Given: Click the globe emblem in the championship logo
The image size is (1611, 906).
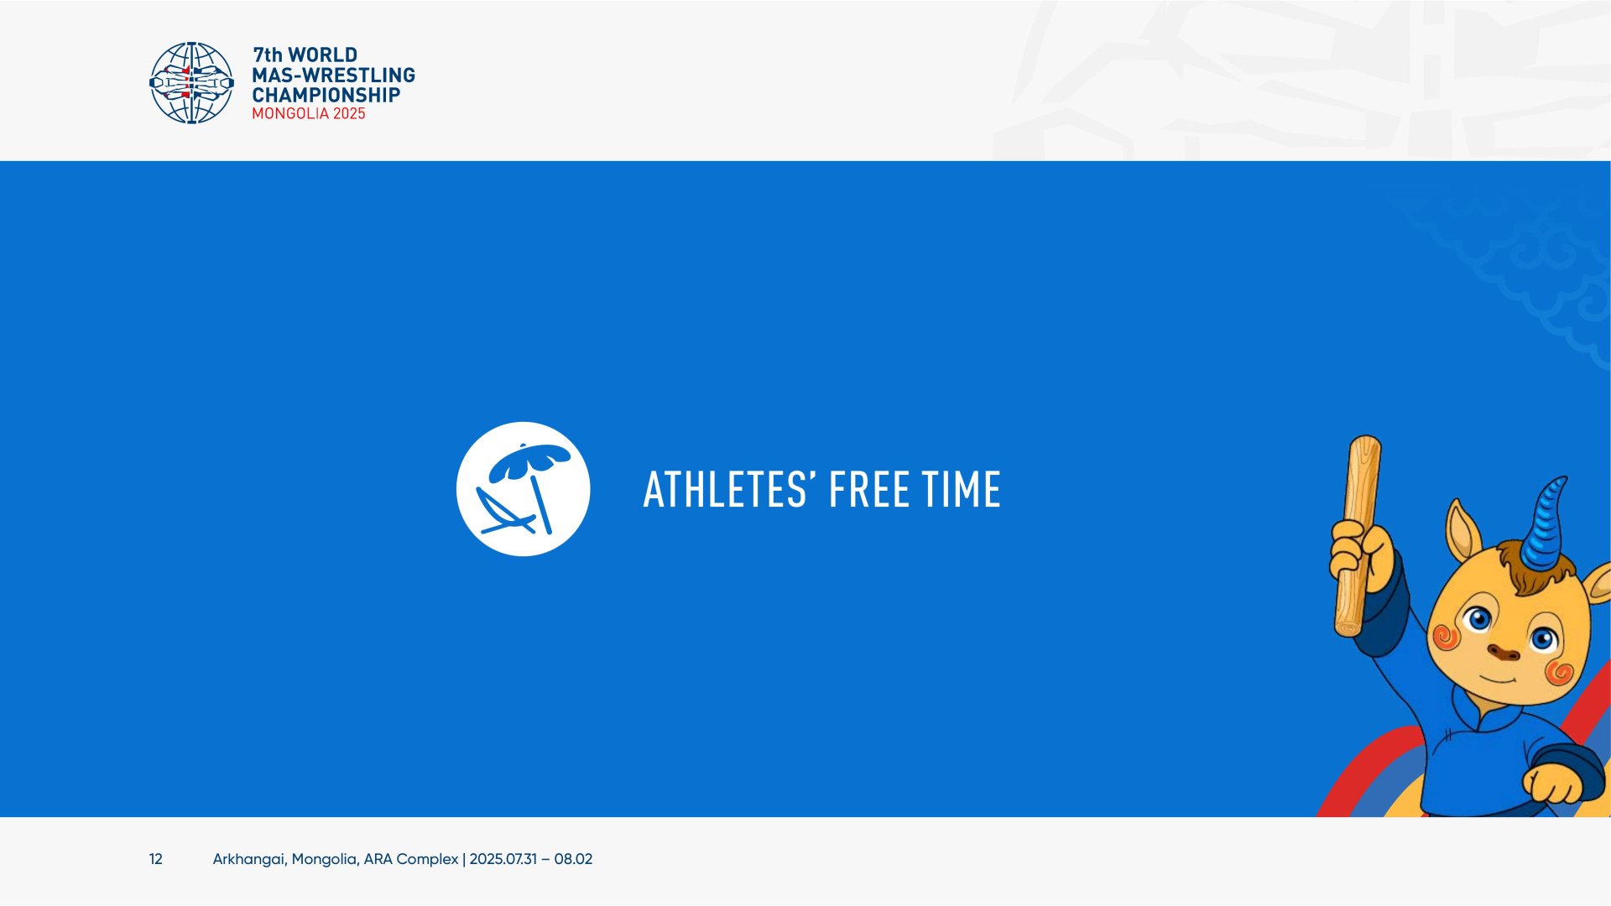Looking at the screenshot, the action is [x=191, y=83].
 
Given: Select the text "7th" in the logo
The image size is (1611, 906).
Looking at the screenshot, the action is [x=268, y=55].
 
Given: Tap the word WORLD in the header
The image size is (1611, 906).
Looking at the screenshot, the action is [x=323, y=55].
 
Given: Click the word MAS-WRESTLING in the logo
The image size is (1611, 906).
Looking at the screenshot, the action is [x=334, y=75].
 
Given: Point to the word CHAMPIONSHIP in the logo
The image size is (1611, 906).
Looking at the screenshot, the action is [x=326, y=95].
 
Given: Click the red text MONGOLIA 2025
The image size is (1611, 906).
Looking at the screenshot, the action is [x=309, y=114].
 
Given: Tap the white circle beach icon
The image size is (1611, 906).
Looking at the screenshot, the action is [x=524, y=489].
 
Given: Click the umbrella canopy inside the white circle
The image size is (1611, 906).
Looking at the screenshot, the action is [x=529, y=460].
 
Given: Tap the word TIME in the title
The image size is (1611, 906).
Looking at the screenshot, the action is [x=962, y=490].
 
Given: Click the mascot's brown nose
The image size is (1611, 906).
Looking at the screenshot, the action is [x=1503, y=652].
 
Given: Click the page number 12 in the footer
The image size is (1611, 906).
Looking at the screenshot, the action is [x=156, y=859].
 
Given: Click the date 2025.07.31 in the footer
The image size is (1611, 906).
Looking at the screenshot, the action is [x=503, y=859].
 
